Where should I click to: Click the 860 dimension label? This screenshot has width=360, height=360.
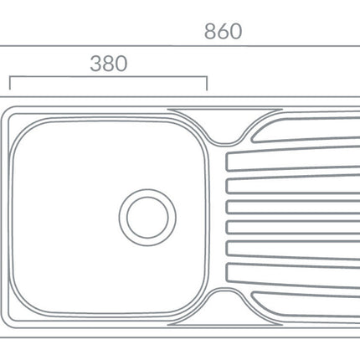coord(223,32)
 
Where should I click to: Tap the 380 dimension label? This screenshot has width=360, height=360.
coord(108,64)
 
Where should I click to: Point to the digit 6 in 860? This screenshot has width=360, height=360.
coord(223,32)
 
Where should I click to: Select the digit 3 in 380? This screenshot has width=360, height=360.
coord(95,64)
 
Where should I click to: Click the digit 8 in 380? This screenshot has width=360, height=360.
coord(108,64)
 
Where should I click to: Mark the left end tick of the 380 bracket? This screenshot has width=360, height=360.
coord(10,84)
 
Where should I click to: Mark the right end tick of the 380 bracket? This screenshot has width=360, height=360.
coord(206,84)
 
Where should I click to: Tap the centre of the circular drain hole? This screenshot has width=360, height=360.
coord(148,216)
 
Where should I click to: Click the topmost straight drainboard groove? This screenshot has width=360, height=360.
coord(293,161)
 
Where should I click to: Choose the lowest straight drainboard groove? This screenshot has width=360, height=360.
coord(293,270)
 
